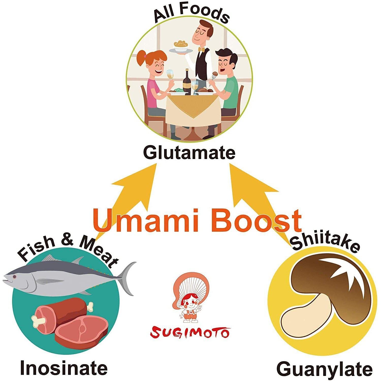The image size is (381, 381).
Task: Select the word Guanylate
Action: pos(325,369)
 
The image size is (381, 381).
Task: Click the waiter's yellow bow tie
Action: pos(202,49)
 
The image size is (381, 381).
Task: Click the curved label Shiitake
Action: pos(325,243)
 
